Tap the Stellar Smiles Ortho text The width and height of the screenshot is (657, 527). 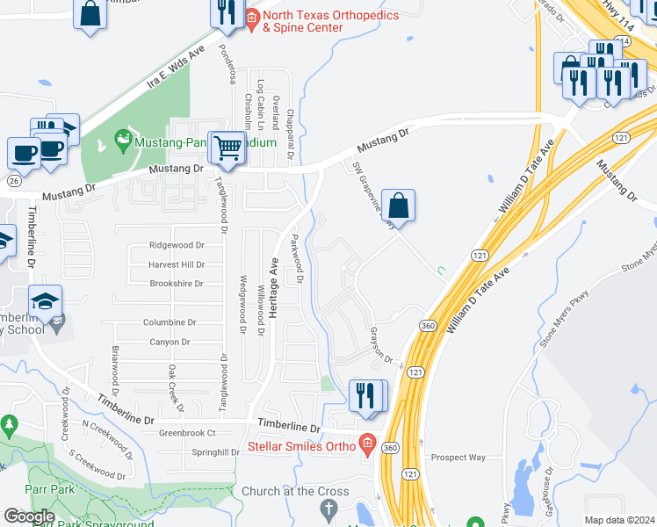coord(300,446)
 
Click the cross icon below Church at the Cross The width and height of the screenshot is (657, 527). coord(328,508)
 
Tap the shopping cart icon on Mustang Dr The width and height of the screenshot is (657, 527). coord(228,147)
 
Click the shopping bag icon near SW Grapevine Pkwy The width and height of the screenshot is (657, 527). coord(398,206)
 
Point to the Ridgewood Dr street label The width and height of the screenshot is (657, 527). coord(177,245)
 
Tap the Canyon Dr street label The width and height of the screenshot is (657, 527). coord(170,342)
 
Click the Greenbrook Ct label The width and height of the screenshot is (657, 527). coord(187,432)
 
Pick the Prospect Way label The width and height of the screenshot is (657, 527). coord(458,458)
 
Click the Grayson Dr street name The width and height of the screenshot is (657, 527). coord(380,345)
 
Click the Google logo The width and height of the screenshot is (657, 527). coord(29,516)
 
